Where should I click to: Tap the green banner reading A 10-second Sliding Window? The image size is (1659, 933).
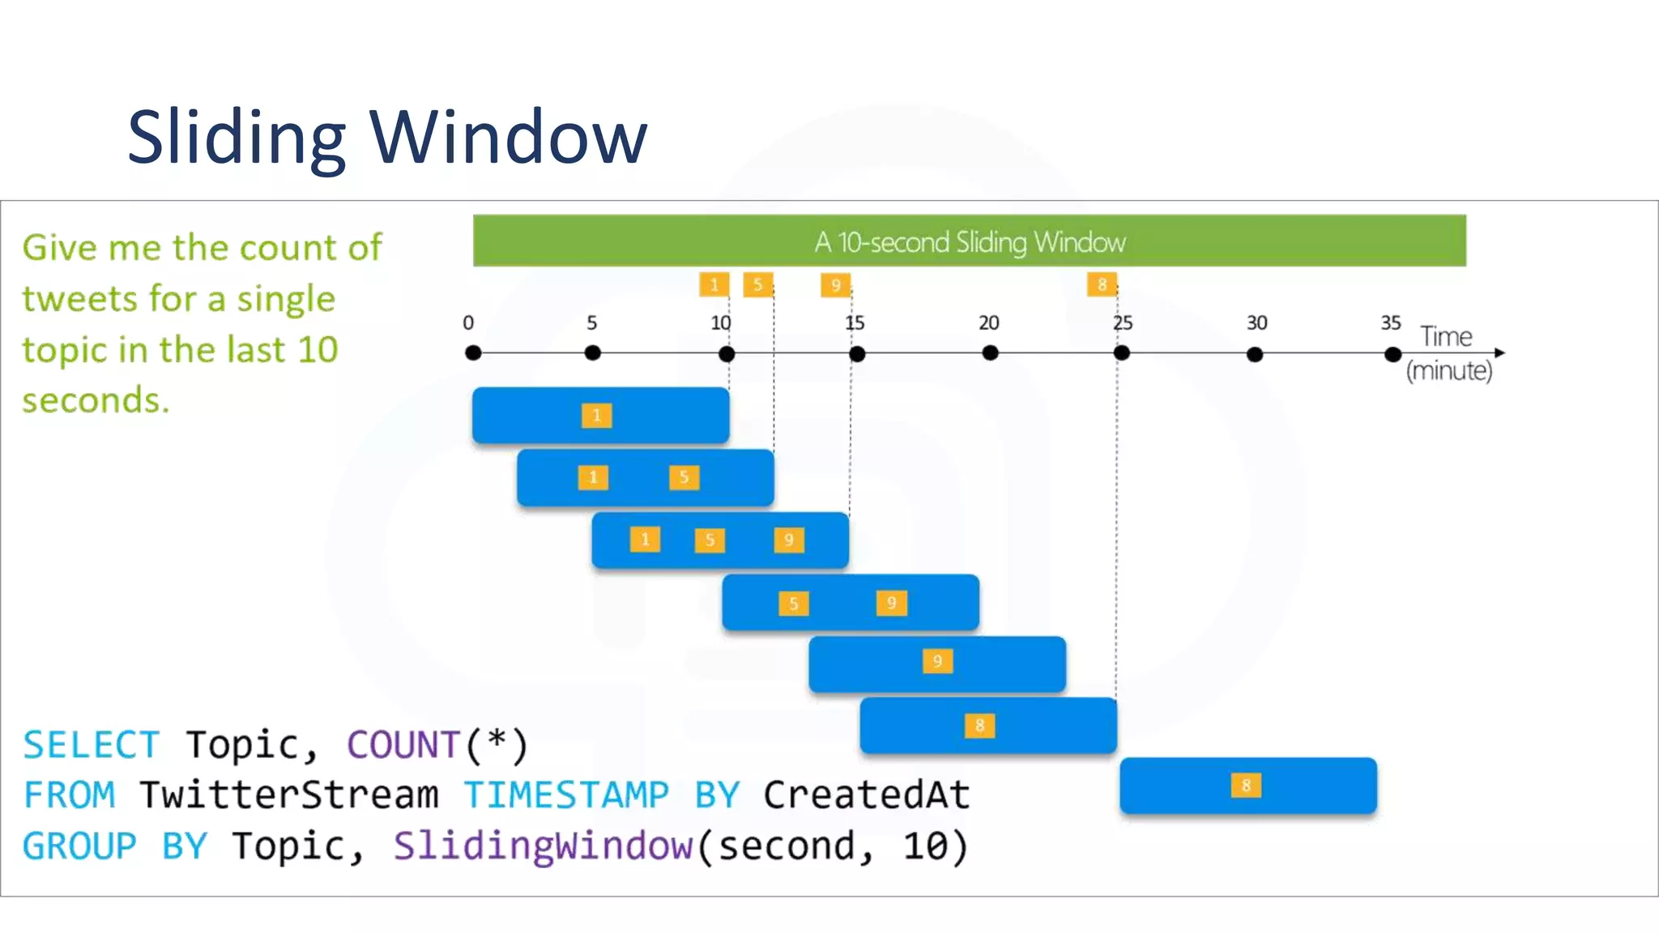tap(969, 241)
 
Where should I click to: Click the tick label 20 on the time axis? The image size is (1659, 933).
tap(988, 323)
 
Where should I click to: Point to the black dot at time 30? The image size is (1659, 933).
tap(1255, 355)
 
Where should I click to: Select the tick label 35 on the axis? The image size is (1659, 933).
tap(1391, 323)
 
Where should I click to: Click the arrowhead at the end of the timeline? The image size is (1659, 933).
tap(1499, 353)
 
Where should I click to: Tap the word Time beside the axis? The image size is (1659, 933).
tap(1446, 336)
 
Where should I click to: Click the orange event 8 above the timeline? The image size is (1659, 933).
tap(1102, 284)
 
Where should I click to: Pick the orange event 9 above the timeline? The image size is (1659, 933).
tap(835, 285)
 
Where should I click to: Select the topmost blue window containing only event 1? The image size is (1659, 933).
tap(600, 415)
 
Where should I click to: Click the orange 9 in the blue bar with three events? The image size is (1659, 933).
tap(789, 540)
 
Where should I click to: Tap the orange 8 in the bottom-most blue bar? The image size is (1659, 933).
tap(1246, 786)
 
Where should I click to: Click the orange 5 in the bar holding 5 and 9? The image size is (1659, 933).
tap(793, 603)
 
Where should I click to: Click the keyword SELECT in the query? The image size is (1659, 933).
tap(91, 745)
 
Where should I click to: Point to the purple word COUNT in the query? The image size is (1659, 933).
tap(403, 745)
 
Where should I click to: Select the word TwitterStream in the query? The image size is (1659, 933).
tap(288, 795)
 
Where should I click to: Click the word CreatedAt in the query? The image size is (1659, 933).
tap(866, 795)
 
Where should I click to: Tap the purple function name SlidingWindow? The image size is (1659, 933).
tap(544, 846)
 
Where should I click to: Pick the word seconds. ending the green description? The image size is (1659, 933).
tap(96, 400)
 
